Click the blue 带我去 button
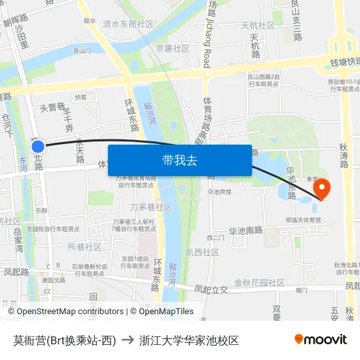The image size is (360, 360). coord(180,160)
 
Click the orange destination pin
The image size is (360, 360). coord(323,189)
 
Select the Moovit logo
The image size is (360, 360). coord(320,339)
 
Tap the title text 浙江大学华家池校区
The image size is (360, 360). coord(189,340)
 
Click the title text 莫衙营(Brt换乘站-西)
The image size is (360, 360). coord(64,340)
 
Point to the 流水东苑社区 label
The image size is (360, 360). coord(128,24)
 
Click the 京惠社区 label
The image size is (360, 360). coord(173,48)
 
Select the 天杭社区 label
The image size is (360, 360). coord(258,26)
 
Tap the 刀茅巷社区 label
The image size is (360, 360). coord(151,207)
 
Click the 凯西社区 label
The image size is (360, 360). coord(202,252)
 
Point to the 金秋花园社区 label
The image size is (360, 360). coord(259,283)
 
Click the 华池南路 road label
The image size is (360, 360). coord(245,231)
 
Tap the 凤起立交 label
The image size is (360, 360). coord(211,289)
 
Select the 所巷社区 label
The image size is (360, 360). coord(85,247)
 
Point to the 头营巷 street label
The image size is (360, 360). coord(52,107)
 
